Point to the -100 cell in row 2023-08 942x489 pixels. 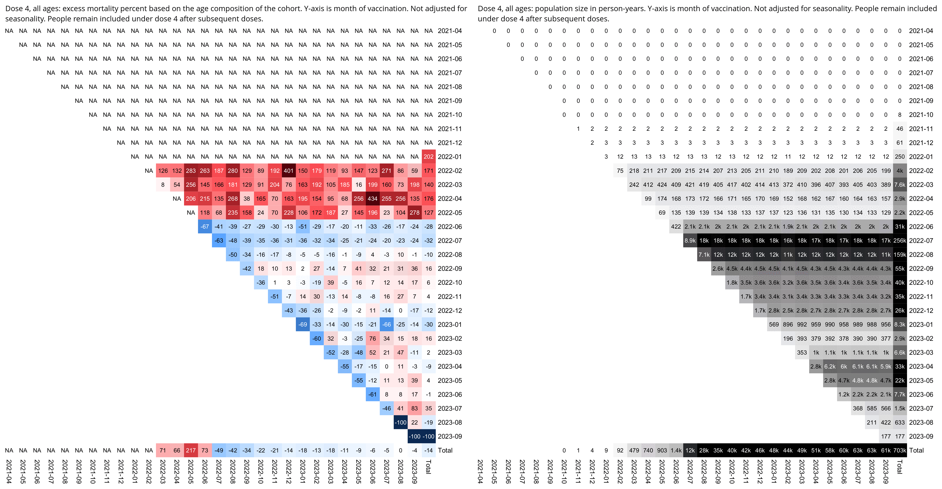point(400,422)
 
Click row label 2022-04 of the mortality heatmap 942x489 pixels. point(450,199)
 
